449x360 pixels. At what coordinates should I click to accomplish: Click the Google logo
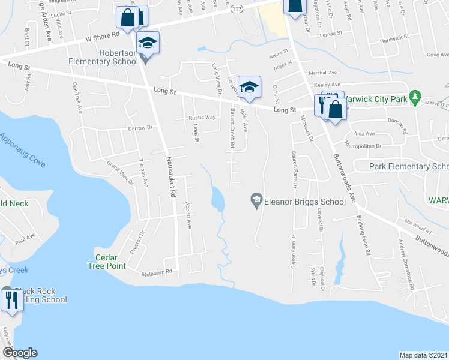click(19, 353)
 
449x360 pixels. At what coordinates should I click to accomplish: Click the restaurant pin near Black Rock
click(12, 299)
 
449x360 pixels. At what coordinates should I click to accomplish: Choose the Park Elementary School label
click(408, 166)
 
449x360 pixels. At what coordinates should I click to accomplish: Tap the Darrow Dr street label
click(140, 128)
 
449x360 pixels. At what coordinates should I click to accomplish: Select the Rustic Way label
click(202, 118)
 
